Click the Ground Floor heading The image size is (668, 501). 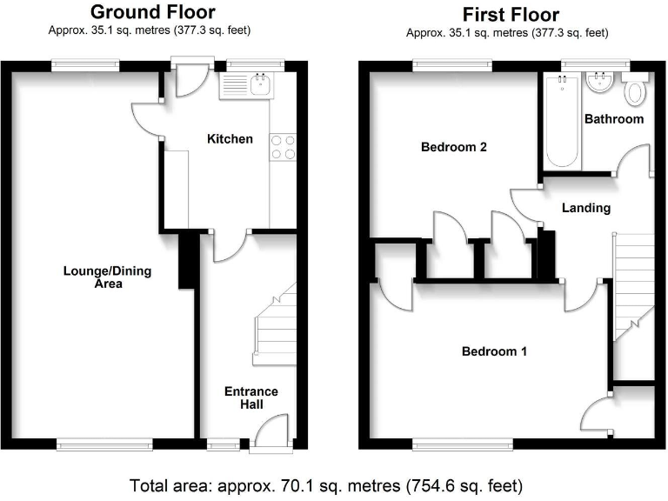(153, 12)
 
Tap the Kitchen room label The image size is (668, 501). (230, 139)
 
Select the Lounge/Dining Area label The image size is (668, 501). (107, 277)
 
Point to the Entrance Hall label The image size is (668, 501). (250, 398)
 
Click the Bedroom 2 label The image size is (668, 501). (453, 147)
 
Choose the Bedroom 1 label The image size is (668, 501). (493, 352)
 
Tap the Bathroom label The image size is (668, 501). (614, 118)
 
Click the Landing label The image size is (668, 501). (585, 208)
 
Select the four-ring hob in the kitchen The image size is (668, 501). (284, 147)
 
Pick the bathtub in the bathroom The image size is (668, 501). (561, 122)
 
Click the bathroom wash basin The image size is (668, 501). (598, 84)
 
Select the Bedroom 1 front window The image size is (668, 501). (462, 444)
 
